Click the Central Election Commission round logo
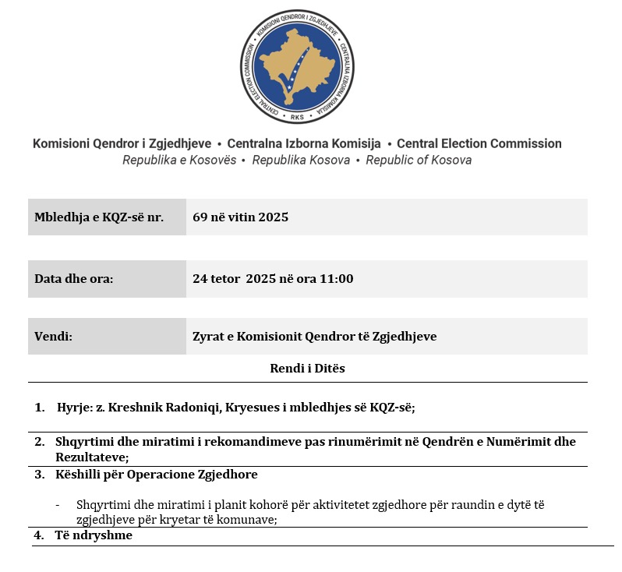coord(297,66)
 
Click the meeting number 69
coord(200,217)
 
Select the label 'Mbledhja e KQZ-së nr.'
coord(98,217)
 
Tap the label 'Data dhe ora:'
coord(73,278)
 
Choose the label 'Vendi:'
coord(53,337)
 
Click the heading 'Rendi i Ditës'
coord(307,369)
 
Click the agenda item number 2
coord(39,442)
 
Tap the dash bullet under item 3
coord(58,505)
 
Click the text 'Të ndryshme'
coord(93,536)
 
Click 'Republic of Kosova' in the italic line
coord(419,160)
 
